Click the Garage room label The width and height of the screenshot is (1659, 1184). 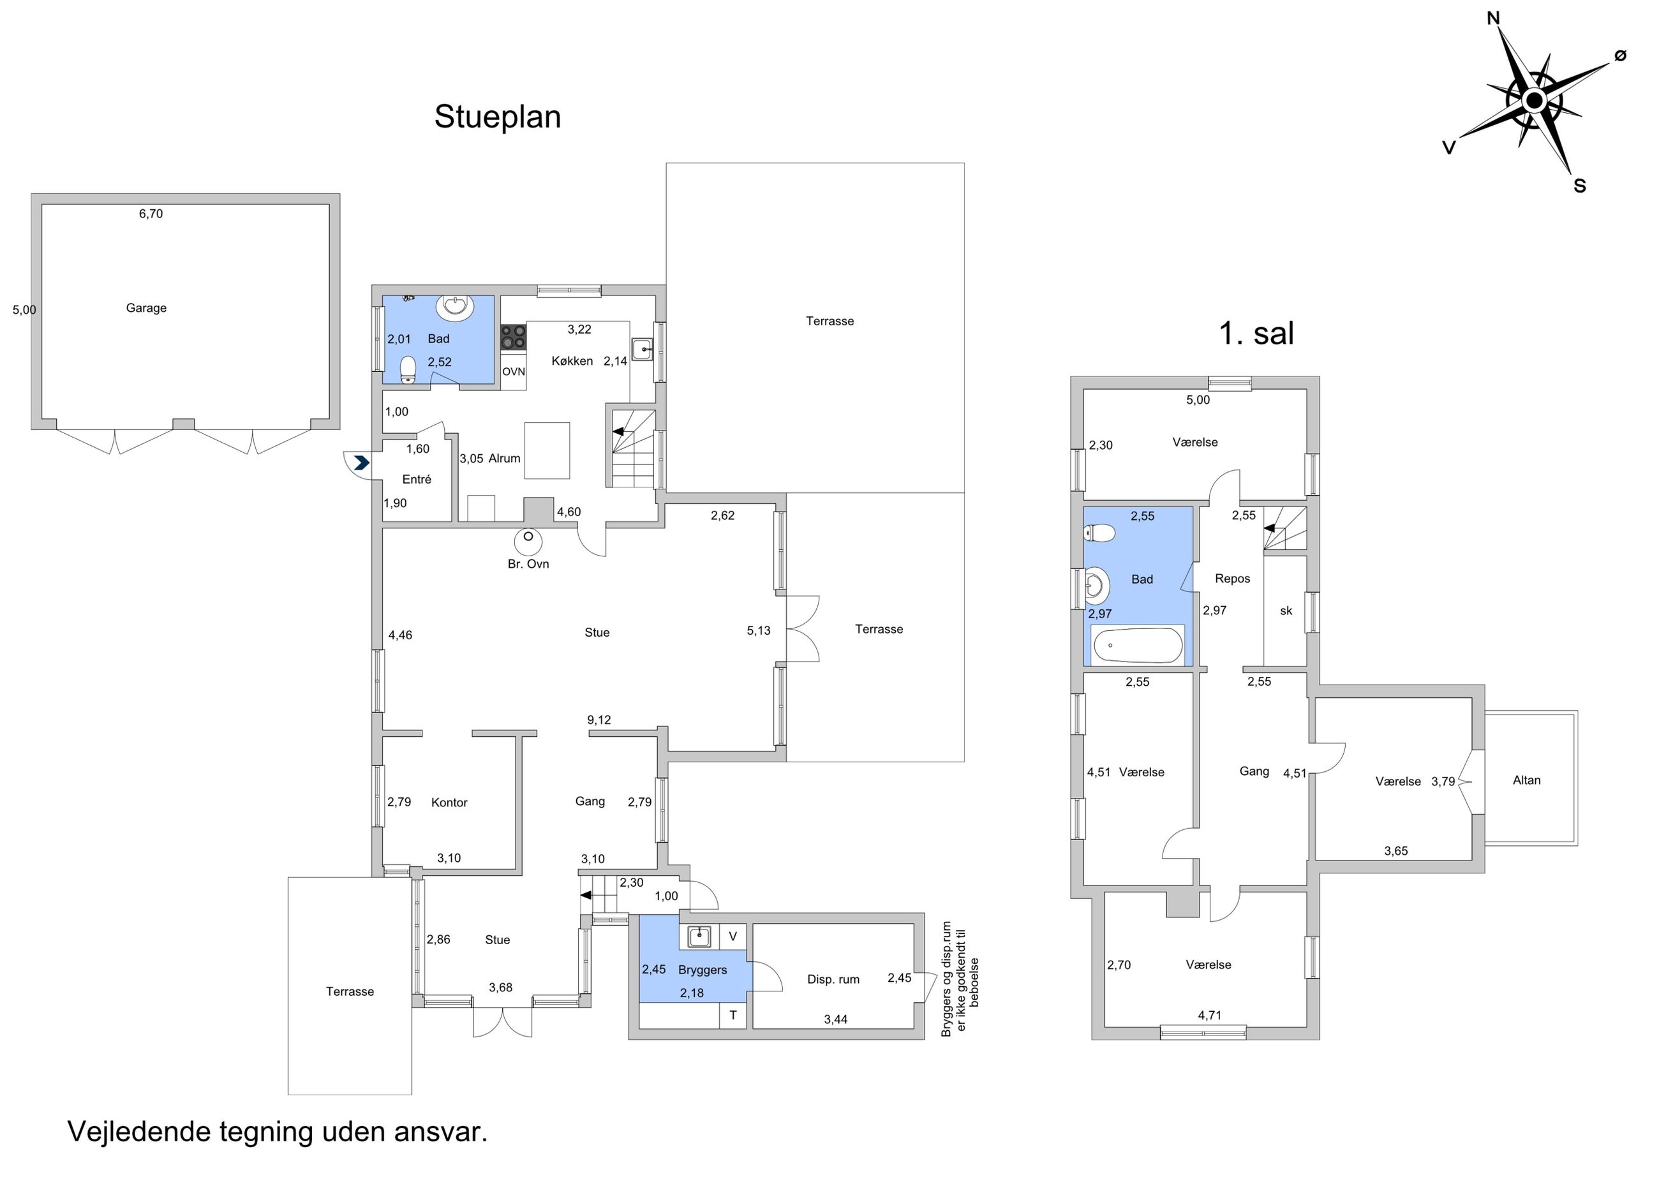[x=146, y=307]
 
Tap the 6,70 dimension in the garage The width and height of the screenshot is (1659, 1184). [x=151, y=214]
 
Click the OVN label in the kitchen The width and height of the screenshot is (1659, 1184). [x=514, y=372]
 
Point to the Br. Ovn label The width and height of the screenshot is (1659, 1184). [x=528, y=563]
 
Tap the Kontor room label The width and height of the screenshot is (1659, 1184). [x=449, y=803]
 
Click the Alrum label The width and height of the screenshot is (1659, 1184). [x=505, y=459]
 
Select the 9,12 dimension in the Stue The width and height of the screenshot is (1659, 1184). [x=599, y=720]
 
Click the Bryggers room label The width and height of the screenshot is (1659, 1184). [x=703, y=970]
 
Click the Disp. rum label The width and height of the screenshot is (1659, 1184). [x=833, y=979]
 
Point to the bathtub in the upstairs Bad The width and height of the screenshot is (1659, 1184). [x=1137, y=645]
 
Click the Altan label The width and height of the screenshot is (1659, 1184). [x=1526, y=780]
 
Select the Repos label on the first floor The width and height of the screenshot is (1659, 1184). [x=1232, y=579]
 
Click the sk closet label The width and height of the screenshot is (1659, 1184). [x=1286, y=611]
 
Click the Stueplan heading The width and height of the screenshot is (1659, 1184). [x=497, y=117]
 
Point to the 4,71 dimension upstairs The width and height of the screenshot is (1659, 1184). [x=1209, y=1015]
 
